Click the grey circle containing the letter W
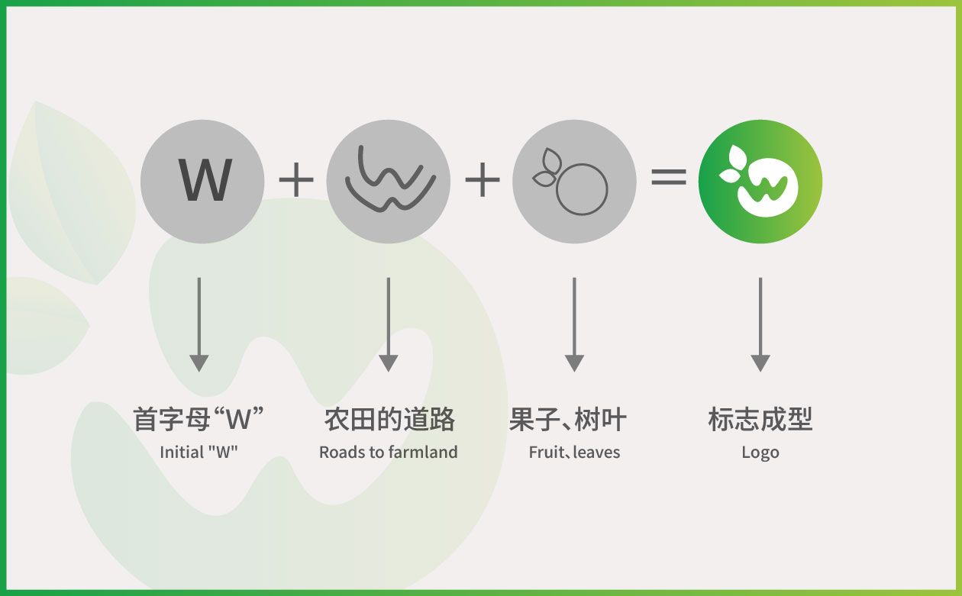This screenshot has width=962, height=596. click(x=202, y=181)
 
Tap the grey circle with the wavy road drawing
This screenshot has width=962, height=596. click(x=388, y=181)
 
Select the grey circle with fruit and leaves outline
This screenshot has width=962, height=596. click(x=574, y=181)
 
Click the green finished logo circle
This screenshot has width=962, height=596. click(x=760, y=181)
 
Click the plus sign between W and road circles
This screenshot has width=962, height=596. click(x=296, y=179)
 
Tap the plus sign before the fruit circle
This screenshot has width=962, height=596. click(x=483, y=179)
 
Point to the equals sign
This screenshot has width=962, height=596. click(x=669, y=176)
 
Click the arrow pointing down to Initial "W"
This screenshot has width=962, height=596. click(x=199, y=324)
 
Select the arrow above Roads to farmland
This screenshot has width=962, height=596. click(x=388, y=324)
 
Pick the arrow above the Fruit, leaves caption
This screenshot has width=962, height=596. click(x=574, y=324)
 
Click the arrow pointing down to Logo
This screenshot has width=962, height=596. click(x=760, y=324)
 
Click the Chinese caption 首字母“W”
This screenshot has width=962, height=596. click(x=199, y=419)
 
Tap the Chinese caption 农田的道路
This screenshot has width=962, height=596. click(x=389, y=420)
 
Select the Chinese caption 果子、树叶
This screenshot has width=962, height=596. click(x=568, y=420)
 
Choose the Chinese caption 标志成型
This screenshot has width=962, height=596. click(x=760, y=420)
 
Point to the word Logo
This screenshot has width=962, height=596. click(x=760, y=453)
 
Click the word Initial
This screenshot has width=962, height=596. click(x=182, y=453)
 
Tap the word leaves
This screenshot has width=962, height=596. click(x=596, y=453)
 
